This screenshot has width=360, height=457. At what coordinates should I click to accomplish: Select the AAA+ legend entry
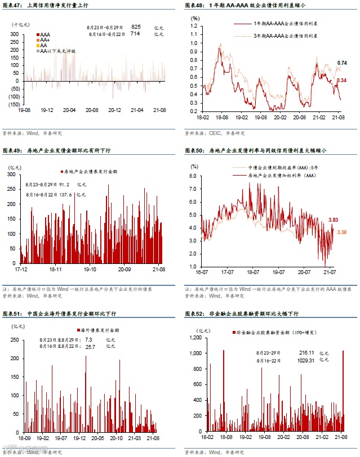(x=44, y=40)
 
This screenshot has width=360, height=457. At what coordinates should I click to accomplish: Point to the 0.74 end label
(x=342, y=62)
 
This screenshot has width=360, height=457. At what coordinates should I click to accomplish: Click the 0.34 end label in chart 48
(x=341, y=80)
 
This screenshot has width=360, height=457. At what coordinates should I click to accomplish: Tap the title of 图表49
(x=57, y=151)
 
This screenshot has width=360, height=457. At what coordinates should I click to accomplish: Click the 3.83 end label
(x=333, y=219)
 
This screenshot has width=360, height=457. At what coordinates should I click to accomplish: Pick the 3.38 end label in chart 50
(x=333, y=232)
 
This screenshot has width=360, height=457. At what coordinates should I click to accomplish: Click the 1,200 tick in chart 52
(x=193, y=338)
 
